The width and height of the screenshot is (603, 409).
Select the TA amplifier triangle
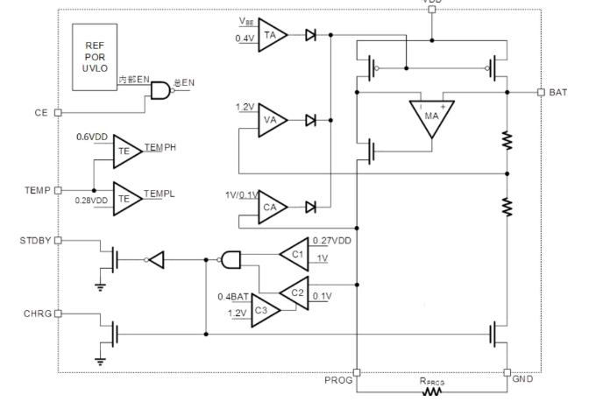(x=271, y=35)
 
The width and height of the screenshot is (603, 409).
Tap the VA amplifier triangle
(x=271, y=120)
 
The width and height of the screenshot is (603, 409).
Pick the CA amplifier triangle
(x=271, y=207)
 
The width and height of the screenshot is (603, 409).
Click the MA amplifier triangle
(x=431, y=116)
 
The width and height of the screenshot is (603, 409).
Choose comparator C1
(x=294, y=253)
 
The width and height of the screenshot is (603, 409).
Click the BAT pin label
(x=558, y=92)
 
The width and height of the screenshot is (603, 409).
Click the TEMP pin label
(x=37, y=189)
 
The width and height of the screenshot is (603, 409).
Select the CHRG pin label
(x=38, y=313)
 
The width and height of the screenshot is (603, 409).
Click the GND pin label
(x=522, y=379)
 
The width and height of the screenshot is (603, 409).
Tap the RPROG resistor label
(x=432, y=380)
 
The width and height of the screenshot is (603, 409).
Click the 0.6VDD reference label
(x=93, y=138)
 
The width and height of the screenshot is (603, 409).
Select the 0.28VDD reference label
(x=91, y=201)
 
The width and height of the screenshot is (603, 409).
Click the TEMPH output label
(x=160, y=147)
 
